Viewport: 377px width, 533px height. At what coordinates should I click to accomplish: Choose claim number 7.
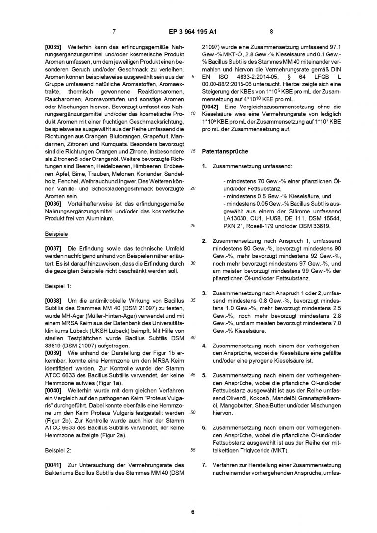click(x=204, y=464)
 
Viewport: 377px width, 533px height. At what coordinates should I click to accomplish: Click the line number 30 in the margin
click(x=193, y=263)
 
